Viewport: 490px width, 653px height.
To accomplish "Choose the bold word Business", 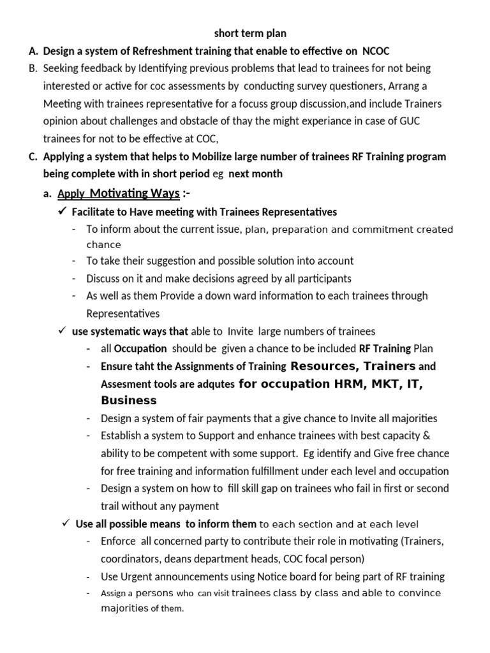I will pos(128,400).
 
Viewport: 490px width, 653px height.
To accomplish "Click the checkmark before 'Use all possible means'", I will pos(66,524).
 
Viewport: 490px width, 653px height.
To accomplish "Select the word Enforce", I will pos(118,541).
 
